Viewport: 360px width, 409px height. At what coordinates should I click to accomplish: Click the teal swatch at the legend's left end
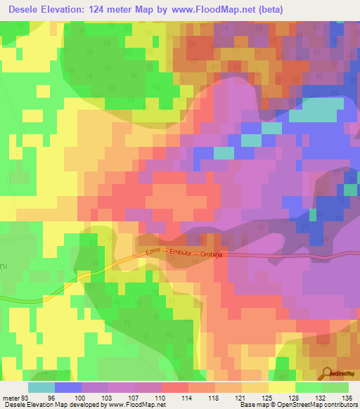(x=41, y=387)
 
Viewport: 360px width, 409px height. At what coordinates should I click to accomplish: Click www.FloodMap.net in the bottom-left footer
(x=133, y=405)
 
